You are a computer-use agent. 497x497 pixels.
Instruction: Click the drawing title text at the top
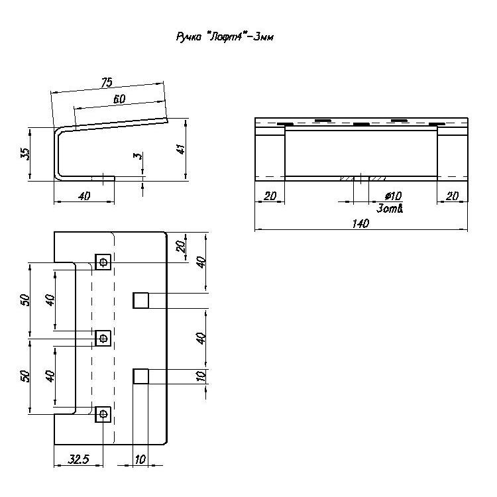[225, 37]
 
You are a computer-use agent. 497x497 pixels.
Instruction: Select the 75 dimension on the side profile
[107, 82]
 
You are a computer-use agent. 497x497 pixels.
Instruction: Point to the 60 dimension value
[119, 99]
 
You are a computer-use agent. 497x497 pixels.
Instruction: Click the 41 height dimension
[181, 149]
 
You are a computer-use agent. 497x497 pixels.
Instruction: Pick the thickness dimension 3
[138, 156]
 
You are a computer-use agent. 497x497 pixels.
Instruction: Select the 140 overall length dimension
[360, 223]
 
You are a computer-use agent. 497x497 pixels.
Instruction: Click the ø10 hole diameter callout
[393, 196]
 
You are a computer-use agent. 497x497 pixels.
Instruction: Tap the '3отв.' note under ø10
[390, 209]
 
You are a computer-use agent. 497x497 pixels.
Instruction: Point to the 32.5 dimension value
[78, 459]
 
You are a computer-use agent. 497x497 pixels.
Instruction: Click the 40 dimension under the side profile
[84, 196]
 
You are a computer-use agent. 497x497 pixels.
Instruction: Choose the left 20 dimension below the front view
[270, 196]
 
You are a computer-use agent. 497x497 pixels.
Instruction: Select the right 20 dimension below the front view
[452, 196]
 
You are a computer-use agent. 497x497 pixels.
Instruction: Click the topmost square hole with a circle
[103, 262]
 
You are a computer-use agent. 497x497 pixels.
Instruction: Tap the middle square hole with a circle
[103, 338]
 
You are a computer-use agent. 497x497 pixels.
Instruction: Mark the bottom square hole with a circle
[103, 414]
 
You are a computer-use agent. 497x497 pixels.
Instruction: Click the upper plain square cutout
[140, 300]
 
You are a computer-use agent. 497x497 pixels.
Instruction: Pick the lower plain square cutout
[140, 376]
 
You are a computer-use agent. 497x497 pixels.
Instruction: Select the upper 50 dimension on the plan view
[25, 300]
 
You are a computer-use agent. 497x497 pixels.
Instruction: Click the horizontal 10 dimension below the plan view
[140, 459]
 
